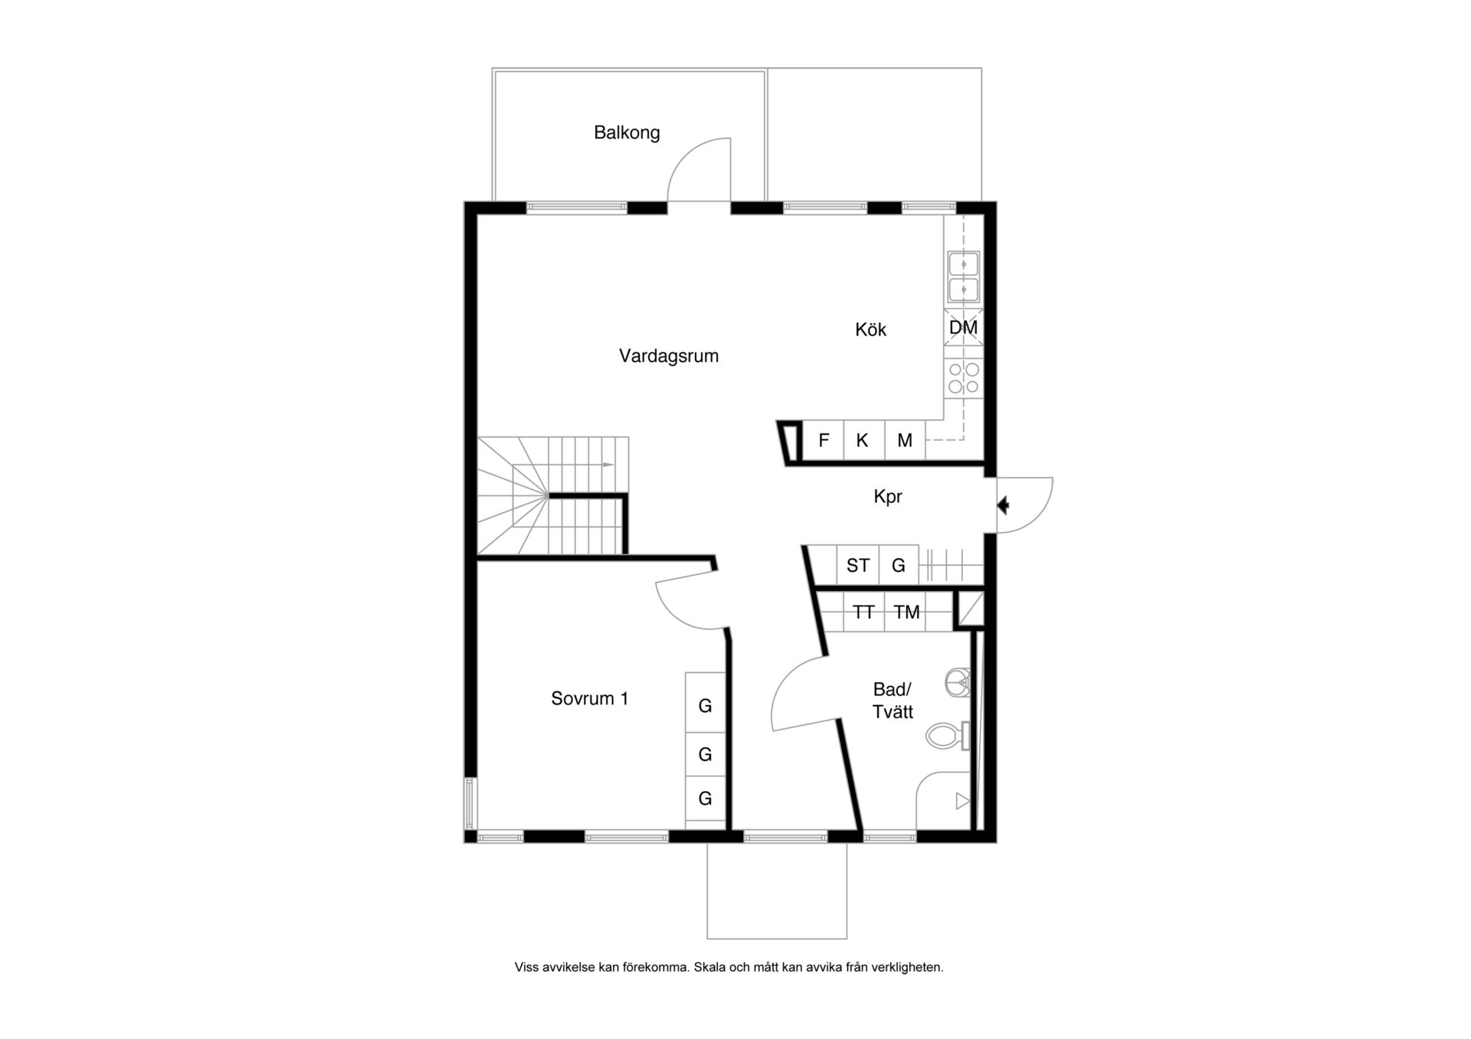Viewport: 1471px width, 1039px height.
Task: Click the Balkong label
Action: pyautogui.click(x=627, y=132)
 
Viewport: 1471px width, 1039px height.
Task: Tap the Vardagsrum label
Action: pyautogui.click(x=669, y=356)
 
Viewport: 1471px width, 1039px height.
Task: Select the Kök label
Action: pyautogui.click(x=870, y=329)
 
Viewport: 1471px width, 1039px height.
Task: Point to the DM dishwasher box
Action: pyautogui.click(x=963, y=327)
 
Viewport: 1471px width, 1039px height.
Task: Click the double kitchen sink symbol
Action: pyautogui.click(x=963, y=276)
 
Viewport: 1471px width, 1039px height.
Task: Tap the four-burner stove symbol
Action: pyautogui.click(x=963, y=378)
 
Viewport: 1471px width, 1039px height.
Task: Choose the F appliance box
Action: pyautogui.click(x=824, y=440)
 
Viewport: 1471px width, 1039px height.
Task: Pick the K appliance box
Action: pyautogui.click(x=863, y=440)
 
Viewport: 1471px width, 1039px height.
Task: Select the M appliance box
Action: pyautogui.click(x=905, y=440)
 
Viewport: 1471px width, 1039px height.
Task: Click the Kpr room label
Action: pyautogui.click(x=888, y=497)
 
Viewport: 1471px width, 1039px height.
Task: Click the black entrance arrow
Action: pyautogui.click(x=1003, y=505)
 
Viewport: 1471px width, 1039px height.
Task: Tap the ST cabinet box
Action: pyautogui.click(x=857, y=565)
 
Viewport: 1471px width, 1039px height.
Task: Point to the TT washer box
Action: pyautogui.click(x=863, y=612)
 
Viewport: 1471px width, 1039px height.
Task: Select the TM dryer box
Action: pyautogui.click(x=906, y=612)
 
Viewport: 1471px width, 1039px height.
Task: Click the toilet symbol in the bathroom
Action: pyautogui.click(x=948, y=737)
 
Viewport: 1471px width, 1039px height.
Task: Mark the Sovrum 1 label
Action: pyautogui.click(x=590, y=698)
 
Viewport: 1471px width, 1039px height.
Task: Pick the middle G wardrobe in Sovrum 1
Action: pyautogui.click(x=705, y=754)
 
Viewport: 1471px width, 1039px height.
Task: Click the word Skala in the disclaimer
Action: pyautogui.click(x=709, y=968)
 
